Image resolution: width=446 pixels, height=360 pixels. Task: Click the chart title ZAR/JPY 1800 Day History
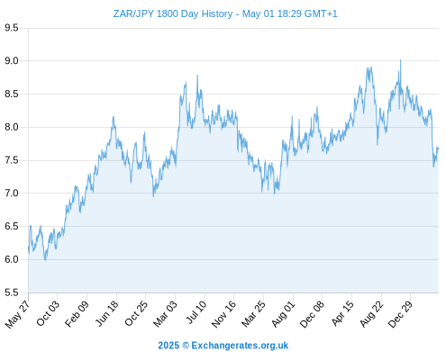(173, 13)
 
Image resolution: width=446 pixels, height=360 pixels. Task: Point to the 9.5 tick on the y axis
(12, 28)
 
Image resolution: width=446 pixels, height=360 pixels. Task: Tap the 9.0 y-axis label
(12, 61)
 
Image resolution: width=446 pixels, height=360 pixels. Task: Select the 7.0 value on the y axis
(12, 193)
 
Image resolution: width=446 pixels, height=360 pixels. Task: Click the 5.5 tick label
(12, 292)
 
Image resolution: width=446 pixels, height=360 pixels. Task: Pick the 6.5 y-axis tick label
(12, 226)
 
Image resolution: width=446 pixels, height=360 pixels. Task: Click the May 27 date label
(17, 314)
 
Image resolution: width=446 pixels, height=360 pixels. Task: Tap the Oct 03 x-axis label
(48, 313)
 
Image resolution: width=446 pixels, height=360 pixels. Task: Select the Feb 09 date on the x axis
(77, 313)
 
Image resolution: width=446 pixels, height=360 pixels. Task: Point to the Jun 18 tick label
(107, 313)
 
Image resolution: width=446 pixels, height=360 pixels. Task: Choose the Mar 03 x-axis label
(165, 314)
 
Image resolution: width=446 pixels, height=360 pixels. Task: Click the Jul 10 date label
(196, 312)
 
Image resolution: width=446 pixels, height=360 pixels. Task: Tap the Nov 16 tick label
(223, 314)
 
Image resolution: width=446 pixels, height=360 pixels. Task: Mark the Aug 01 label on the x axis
(284, 314)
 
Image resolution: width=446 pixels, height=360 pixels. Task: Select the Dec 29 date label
(400, 314)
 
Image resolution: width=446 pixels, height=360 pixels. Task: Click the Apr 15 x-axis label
(342, 313)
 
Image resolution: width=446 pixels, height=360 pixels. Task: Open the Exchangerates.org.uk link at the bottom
(240, 346)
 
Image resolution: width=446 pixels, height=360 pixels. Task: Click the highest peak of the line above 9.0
(400, 60)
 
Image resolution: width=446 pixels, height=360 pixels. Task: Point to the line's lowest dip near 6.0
(45, 260)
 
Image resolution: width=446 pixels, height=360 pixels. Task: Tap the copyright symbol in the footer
(186, 346)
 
